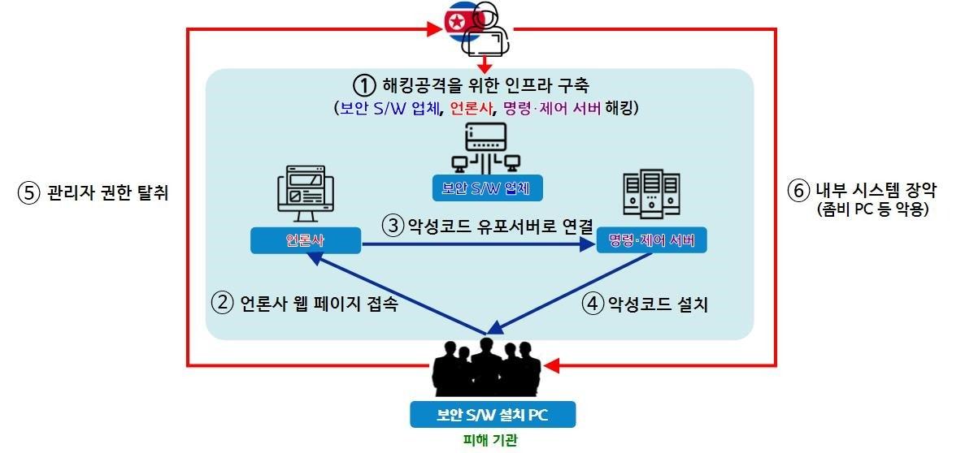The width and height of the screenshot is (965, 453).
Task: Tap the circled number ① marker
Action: click(363, 84)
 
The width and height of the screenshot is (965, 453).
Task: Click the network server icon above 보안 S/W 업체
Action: click(485, 147)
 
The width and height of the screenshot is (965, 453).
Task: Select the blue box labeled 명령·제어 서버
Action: click(650, 241)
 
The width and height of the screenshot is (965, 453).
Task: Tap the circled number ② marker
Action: click(221, 304)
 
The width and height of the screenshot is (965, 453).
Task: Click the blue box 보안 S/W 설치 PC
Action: click(493, 415)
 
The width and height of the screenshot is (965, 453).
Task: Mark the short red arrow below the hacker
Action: click(485, 63)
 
